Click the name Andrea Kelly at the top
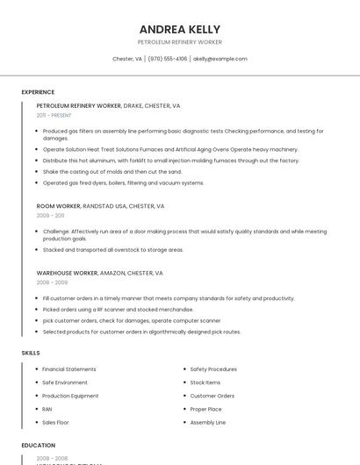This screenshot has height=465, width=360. [x=180, y=29]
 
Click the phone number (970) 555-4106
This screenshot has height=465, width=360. [x=167, y=59]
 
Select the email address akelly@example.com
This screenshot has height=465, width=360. [x=220, y=59]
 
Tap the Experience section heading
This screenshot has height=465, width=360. [x=38, y=92]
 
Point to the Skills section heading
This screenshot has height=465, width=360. [x=31, y=353]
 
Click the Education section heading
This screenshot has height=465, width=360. [x=39, y=446]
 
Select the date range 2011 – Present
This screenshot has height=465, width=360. [x=54, y=115]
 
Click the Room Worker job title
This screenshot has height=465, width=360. [x=59, y=205]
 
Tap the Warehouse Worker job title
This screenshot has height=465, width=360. [x=67, y=273]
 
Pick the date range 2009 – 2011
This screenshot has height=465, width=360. [x=50, y=215]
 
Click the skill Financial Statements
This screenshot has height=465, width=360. [x=69, y=369]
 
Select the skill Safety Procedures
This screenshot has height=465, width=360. [x=213, y=369]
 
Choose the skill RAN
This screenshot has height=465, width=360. [x=47, y=409]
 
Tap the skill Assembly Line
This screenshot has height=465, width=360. [x=208, y=422]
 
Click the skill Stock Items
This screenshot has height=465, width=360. [x=205, y=383]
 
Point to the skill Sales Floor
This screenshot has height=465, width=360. [x=55, y=422]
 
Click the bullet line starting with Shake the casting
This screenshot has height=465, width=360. [x=112, y=172]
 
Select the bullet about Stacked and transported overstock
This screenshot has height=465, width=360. [x=113, y=250]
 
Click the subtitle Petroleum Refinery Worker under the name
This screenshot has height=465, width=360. [x=180, y=42]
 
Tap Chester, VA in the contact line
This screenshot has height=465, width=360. [x=127, y=59]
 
